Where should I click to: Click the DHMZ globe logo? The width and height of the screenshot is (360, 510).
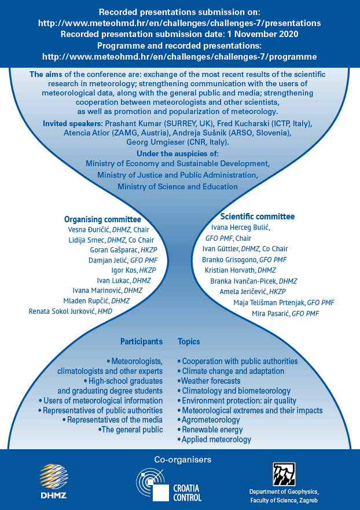[x=54, y=477]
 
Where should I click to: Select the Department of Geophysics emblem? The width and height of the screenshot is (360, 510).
[x=284, y=474]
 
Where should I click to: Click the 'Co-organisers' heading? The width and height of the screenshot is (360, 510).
[x=182, y=460]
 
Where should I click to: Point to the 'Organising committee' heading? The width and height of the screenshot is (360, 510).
[x=102, y=219]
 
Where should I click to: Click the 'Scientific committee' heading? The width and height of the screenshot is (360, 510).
[x=258, y=217]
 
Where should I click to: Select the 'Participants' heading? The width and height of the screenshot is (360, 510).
[x=141, y=342]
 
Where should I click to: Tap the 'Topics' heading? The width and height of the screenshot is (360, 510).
[x=189, y=342]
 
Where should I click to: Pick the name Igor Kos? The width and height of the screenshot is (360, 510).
[x=124, y=270]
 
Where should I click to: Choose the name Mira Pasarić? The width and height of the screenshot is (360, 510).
[x=270, y=314]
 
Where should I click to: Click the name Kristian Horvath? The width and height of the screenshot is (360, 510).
[x=230, y=270]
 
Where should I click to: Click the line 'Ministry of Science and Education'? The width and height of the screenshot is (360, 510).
[x=178, y=187]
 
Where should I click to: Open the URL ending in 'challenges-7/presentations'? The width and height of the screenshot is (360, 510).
[x=179, y=23]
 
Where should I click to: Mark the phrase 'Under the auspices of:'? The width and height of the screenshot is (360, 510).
[x=178, y=153]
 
